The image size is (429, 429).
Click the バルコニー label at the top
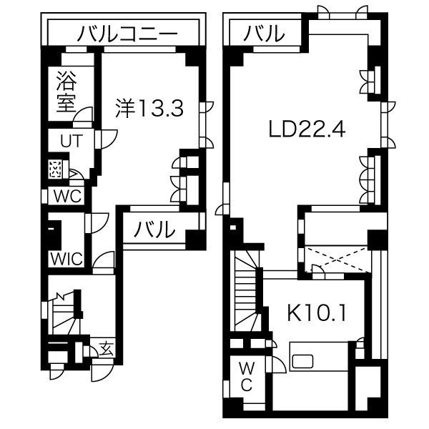(x=127, y=34)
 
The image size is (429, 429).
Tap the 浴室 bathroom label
(x=66, y=92)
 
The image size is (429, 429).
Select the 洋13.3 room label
(x=149, y=108)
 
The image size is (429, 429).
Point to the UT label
(x=71, y=141)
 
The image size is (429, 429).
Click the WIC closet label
(x=66, y=259)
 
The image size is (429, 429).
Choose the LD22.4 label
(x=307, y=129)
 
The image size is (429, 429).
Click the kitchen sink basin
(x=302, y=361)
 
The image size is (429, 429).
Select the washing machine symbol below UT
(x=56, y=169)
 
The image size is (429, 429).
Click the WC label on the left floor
(x=68, y=196)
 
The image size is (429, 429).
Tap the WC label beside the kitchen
(x=246, y=377)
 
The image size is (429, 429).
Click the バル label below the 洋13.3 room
(x=154, y=229)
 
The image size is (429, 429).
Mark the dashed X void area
(x=336, y=259)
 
